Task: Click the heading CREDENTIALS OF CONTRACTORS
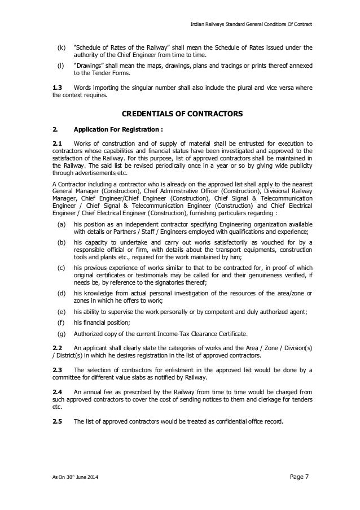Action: pyautogui.click(x=179, y=114)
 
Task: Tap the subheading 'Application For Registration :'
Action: pyautogui.click(x=118, y=129)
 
